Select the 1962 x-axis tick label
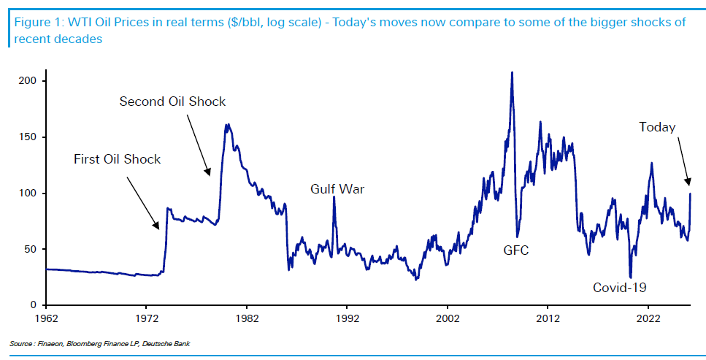pos(46,318)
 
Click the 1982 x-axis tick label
pos(246,318)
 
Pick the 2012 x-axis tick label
pos(548,318)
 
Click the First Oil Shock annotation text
pos(117,159)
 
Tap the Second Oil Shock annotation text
pos(172,102)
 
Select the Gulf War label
pos(337,190)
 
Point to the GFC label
pos(515,250)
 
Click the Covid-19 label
pos(620,287)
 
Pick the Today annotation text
pos(657,128)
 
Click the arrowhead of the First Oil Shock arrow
pos(158,229)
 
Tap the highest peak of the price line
pos(512,72)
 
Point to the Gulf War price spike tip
pos(334,196)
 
